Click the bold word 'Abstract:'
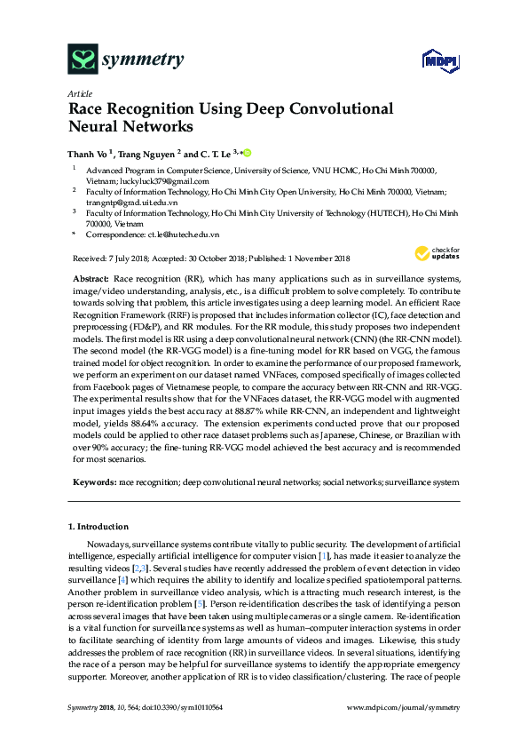[92, 279]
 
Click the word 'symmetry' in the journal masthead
[143, 60]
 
